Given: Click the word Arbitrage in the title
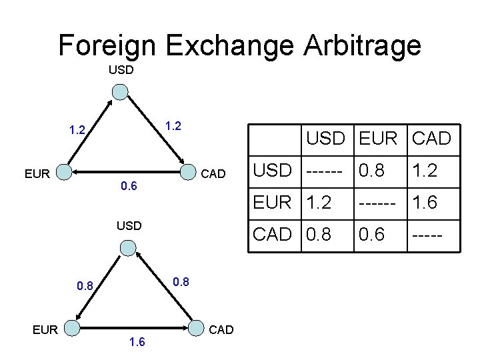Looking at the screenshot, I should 362,45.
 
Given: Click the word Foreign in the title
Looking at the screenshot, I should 108,45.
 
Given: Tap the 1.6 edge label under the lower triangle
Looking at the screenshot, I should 137,342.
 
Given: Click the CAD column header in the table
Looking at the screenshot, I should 431,139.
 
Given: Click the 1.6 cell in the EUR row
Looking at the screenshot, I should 424,203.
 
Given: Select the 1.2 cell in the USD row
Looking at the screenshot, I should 424,171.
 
